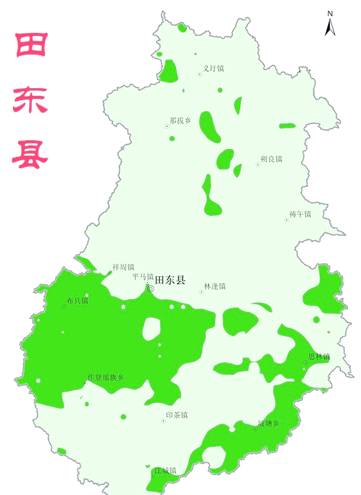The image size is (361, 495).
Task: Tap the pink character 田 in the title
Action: pos(30,46)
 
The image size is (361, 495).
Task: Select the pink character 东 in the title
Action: pos(30,99)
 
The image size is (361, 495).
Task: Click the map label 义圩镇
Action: pos(213,68)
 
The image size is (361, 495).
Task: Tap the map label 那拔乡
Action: pos(180,120)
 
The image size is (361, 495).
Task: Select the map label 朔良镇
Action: pos(271,159)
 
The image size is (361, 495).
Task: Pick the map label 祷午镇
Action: pos(300,214)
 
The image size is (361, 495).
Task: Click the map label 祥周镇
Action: pos(123,267)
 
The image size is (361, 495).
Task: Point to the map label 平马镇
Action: pos(143,277)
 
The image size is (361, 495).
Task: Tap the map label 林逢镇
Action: pos(215,286)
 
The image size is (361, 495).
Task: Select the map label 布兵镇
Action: pos(78,300)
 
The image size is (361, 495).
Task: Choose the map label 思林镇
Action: pos(319,356)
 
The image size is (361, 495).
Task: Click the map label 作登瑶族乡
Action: pos(105,377)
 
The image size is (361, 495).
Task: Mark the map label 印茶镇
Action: pos(177,415)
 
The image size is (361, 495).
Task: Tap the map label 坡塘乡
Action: pos(269,423)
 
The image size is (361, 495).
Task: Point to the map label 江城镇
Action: pos(165,471)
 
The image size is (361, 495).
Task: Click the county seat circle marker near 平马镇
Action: pos(151,289)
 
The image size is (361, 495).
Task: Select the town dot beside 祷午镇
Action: pos(286,220)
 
